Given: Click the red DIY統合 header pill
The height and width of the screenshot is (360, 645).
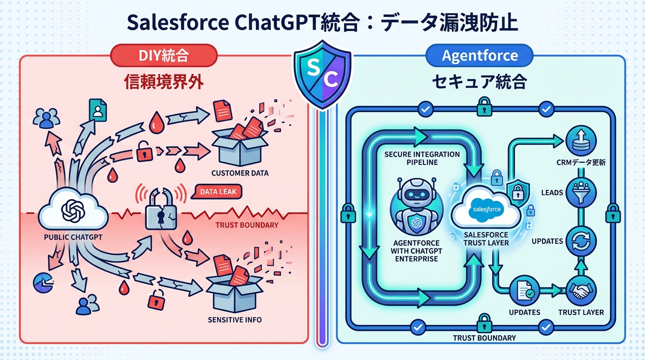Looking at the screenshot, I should (164, 56).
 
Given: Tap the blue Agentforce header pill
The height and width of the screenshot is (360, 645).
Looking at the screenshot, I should (480, 56).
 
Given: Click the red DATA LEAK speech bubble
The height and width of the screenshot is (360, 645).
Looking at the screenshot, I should (218, 192).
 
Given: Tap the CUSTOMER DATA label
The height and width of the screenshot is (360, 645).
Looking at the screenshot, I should (240, 173).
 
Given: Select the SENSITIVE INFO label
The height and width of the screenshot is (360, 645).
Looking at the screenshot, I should (234, 320).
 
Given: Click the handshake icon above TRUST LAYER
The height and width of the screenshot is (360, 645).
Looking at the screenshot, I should (581, 292).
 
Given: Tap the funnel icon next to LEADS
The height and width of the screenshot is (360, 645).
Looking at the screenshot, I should (581, 193).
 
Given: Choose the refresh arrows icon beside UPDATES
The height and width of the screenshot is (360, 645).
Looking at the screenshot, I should (581, 242).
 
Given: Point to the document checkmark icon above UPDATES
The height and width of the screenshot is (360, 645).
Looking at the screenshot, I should (524, 292).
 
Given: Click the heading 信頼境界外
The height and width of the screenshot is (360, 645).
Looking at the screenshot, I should (164, 82).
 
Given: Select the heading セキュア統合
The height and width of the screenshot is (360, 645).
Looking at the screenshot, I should (479, 82).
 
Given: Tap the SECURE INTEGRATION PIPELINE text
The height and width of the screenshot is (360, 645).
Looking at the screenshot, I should (422, 158).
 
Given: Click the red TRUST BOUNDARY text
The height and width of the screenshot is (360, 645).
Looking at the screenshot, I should (247, 225).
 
